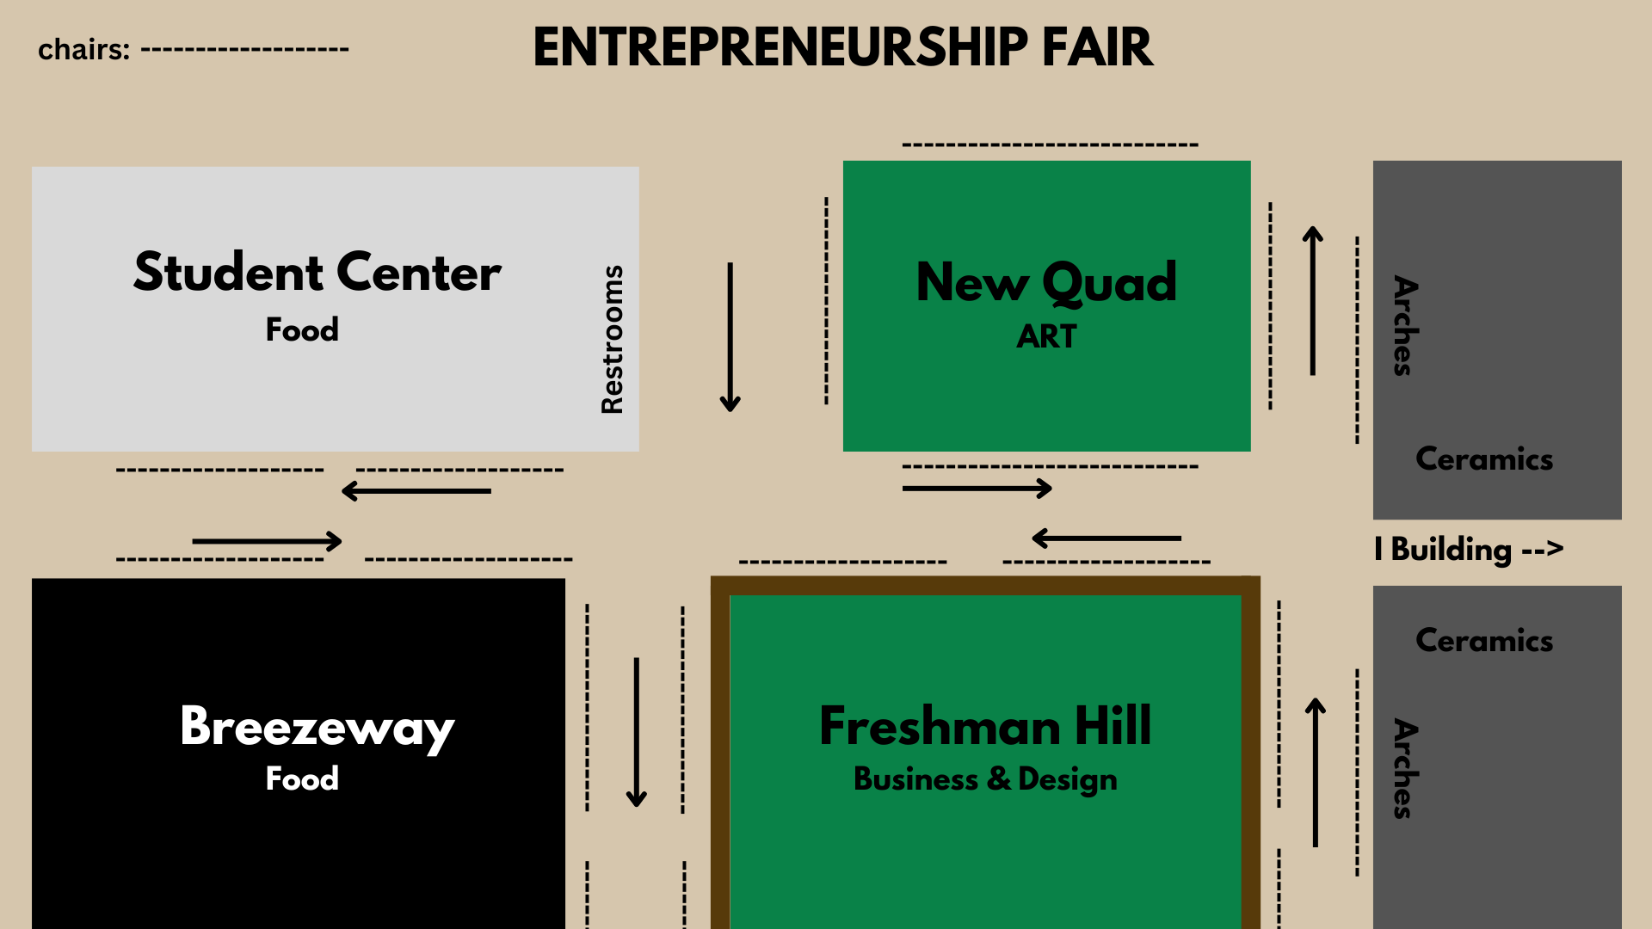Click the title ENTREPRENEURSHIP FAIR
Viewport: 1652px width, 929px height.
[x=842, y=47]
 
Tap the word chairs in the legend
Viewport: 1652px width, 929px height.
[x=83, y=50]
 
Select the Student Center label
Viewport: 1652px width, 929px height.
[x=317, y=273]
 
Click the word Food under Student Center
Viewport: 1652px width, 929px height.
[x=302, y=329]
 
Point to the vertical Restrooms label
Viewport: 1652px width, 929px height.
[x=612, y=339]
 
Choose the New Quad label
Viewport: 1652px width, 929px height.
[x=1046, y=282]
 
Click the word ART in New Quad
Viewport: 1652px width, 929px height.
[x=1046, y=336]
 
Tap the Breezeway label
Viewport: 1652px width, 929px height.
[x=317, y=727]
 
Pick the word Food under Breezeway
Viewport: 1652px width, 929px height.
[x=302, y=778]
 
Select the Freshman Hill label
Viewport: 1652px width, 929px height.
[x=985, y=726]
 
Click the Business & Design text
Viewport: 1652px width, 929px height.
[x=985, y=779]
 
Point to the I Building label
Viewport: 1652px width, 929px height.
[x=1468, y=549]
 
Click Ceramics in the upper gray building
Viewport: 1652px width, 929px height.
[x=1484, y=459]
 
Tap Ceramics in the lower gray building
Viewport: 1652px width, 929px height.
[x=1484, y=641]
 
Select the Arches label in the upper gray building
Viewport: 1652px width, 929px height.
[x=1405, y=325]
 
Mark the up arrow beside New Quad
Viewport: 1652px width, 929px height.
[x=1312, y=301]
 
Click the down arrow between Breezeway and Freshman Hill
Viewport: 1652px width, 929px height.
[x=637, y=732]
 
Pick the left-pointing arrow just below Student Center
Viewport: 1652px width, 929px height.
[x=416, y=491]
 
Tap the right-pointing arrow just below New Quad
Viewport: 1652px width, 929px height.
[x=977, y=489]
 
